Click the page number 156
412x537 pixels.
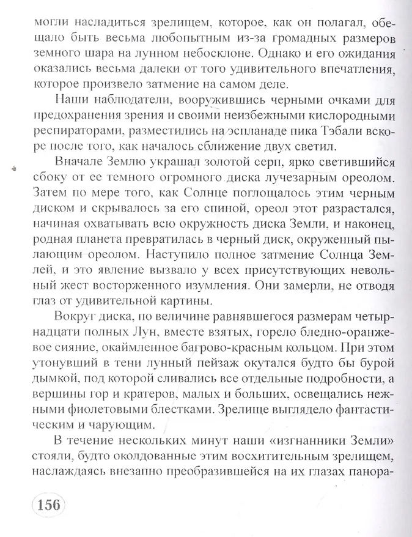pyautogui.click(x=48, y=505)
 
